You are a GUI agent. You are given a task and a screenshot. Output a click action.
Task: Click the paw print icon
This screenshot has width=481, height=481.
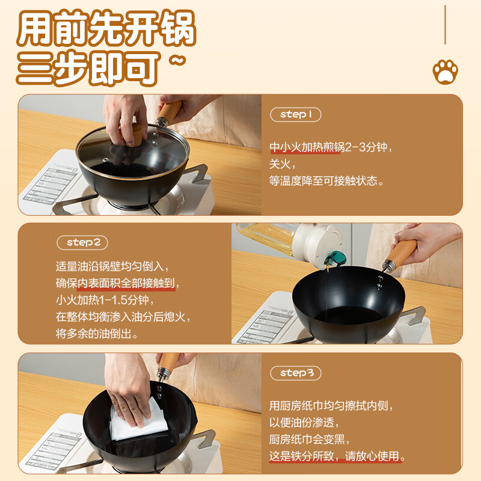tap(445, 72)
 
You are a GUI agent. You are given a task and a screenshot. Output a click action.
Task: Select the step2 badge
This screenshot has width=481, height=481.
tap(87, 242)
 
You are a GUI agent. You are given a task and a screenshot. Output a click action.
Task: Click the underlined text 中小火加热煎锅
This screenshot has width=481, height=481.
tap(304, 147)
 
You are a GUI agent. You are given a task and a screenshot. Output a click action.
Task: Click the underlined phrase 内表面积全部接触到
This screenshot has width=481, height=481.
tap(127, 283)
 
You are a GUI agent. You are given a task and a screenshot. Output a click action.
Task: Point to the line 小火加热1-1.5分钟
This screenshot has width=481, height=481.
tap(105, 299)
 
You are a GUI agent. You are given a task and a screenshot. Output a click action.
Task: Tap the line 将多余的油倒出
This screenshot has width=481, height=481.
tap(97, 333)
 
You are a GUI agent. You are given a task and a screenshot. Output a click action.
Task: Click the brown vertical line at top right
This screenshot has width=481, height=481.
tap(445, 24)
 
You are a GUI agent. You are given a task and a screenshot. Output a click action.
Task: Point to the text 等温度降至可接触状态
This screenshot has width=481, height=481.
tap(326, 180)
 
